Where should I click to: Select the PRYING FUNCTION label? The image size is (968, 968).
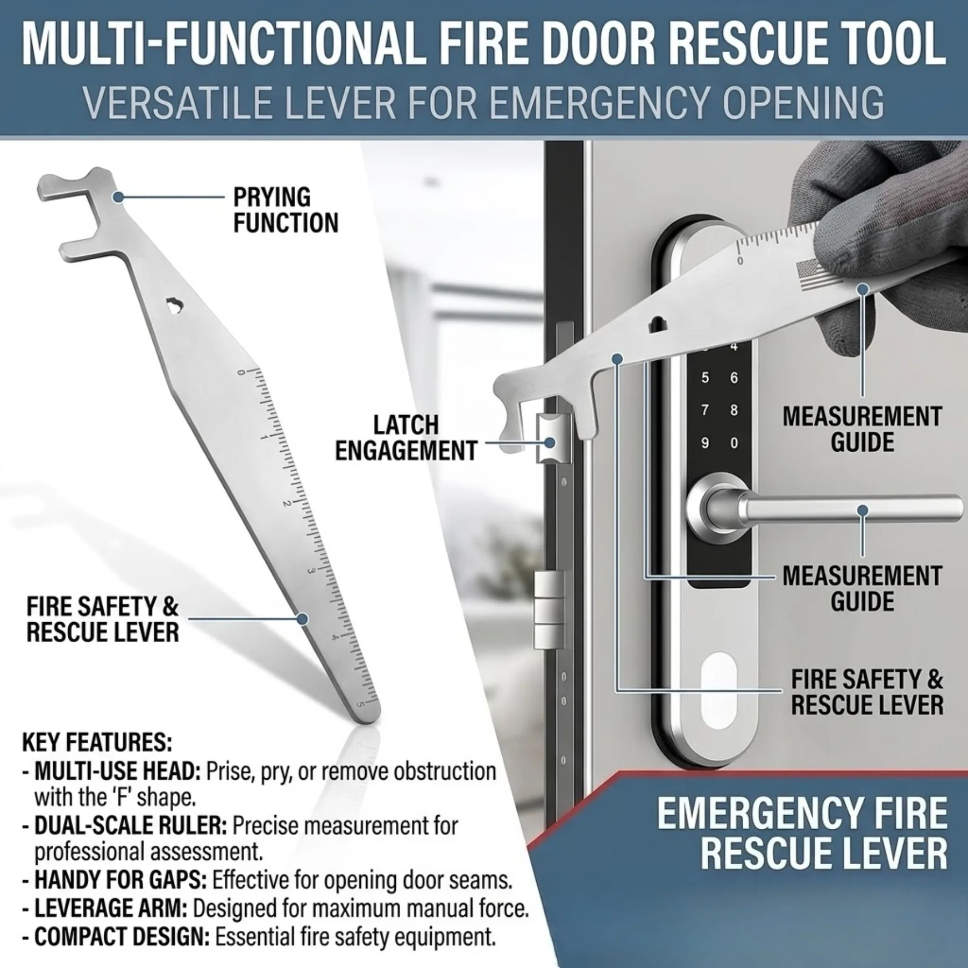[x=286, y=210]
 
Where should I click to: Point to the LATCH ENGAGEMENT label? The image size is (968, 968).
[x=406, y=438]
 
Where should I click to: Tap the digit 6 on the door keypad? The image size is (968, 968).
[x=734, y=378]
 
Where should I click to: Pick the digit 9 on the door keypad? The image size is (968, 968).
[x=704, y=444]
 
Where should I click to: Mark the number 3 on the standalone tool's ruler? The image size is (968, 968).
[x=311, y=571]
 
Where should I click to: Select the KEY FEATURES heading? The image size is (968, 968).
[x=97, y=743]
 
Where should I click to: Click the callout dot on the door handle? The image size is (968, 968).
[x=863, y=510]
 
